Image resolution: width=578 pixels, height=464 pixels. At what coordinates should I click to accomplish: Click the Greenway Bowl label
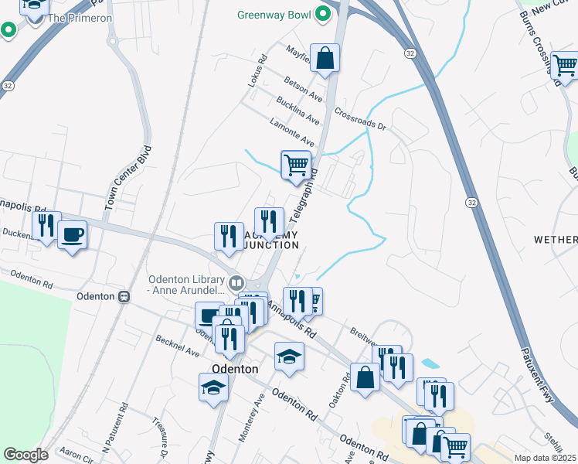point(274,15)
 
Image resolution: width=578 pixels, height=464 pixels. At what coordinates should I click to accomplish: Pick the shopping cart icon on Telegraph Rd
point(296,165)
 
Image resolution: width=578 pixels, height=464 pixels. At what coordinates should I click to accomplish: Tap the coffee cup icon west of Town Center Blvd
point(73,235)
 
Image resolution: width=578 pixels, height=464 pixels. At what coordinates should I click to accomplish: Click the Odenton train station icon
point(122,296)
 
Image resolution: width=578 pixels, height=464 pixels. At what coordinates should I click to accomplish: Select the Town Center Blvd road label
point(119,184)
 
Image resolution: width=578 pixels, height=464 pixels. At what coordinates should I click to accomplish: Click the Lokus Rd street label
point(257,70)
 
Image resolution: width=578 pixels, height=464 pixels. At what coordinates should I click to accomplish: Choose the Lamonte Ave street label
point(292,132)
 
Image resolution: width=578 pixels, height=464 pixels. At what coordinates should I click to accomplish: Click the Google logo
point(25,455)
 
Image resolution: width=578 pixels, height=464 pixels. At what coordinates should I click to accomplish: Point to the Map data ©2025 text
point(544,458)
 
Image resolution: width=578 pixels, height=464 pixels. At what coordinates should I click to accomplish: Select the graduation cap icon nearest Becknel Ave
point(213,387)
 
